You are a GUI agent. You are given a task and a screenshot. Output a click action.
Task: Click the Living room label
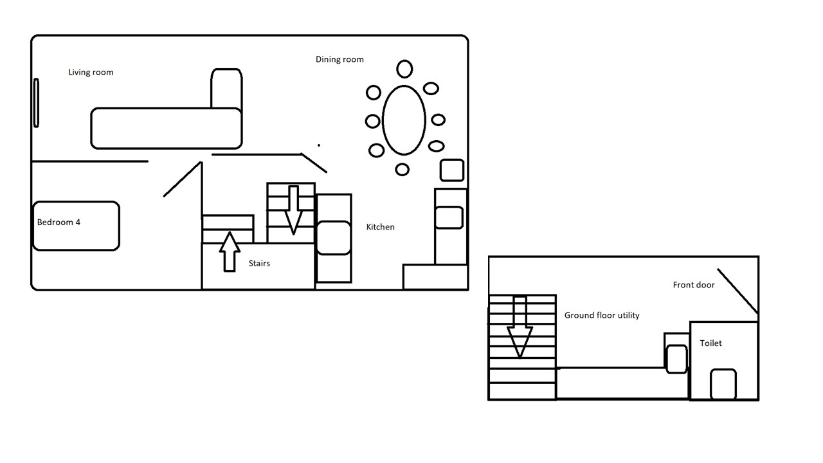point(91,73)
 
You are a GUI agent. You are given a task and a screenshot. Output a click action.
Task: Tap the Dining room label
point(339,60)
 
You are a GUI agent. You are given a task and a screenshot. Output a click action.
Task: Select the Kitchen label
point(380,227)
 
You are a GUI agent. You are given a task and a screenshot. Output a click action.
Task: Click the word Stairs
point(259,264)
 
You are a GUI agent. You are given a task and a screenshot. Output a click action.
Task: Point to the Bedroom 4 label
point(59,222)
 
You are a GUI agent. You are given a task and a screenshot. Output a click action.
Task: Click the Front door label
point(694,285)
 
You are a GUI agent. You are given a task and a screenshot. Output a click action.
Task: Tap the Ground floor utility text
point(602,315)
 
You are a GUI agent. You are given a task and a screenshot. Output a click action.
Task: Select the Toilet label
point(710,343)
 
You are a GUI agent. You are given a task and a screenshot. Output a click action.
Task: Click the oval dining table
point(404,86)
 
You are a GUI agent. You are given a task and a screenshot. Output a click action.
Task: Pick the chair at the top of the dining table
point(404,69)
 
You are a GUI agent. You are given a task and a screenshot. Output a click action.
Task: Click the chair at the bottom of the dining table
point(402,169)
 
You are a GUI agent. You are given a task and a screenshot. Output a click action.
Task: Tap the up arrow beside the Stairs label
point(230,252)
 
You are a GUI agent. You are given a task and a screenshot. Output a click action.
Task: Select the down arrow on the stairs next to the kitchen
point(293,210)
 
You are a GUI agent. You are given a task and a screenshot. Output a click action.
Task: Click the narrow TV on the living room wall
point(36,103)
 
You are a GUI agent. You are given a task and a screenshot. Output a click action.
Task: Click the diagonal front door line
point(737,291)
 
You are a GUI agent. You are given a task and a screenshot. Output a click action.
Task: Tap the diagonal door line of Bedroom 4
point(183,179)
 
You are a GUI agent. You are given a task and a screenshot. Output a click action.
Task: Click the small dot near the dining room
point(318,145)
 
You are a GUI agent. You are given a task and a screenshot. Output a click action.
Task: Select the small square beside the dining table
point(452,170)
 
